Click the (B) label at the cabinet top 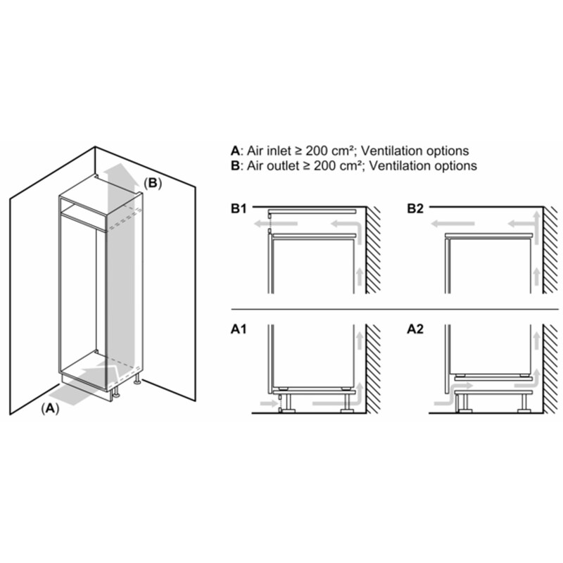click(x=153, y=183)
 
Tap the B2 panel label click(x=416, y=209)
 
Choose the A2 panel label click(x=416, y=328)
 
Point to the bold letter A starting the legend click(x=234, y=151)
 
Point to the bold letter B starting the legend click(x=234, y=166)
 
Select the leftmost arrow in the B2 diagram click(x=445, y=224)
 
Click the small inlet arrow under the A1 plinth click(x=268, y=404)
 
